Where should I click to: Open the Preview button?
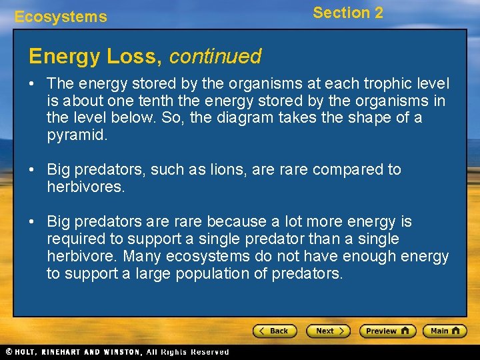tap(387, 331)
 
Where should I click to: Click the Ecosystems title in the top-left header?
tap(61, 17)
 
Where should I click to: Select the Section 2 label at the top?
tap(348, 13)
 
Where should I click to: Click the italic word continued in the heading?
tap(215, 57)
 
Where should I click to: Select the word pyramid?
tap(74, 136)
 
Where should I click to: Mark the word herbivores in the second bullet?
tap(85, 187)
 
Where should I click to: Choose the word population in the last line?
tap(221, 273)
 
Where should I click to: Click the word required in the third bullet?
tap(72, 239)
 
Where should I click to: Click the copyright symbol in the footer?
tap(9, 352)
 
